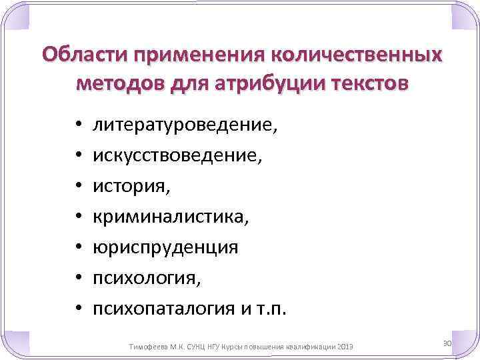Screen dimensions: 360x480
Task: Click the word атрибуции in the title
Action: pos(270,85)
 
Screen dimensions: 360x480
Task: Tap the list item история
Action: pos(131,185)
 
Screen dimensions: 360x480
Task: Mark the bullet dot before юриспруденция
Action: pos(78,247)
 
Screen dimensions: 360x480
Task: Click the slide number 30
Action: pos(447,342)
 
